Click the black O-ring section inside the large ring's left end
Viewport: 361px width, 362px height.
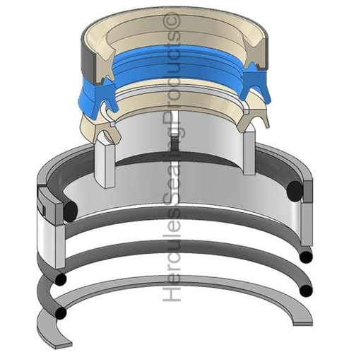pos(68,211)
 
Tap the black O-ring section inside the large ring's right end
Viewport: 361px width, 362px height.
pos(295,189)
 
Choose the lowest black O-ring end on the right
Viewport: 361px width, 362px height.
pos(305,291)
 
